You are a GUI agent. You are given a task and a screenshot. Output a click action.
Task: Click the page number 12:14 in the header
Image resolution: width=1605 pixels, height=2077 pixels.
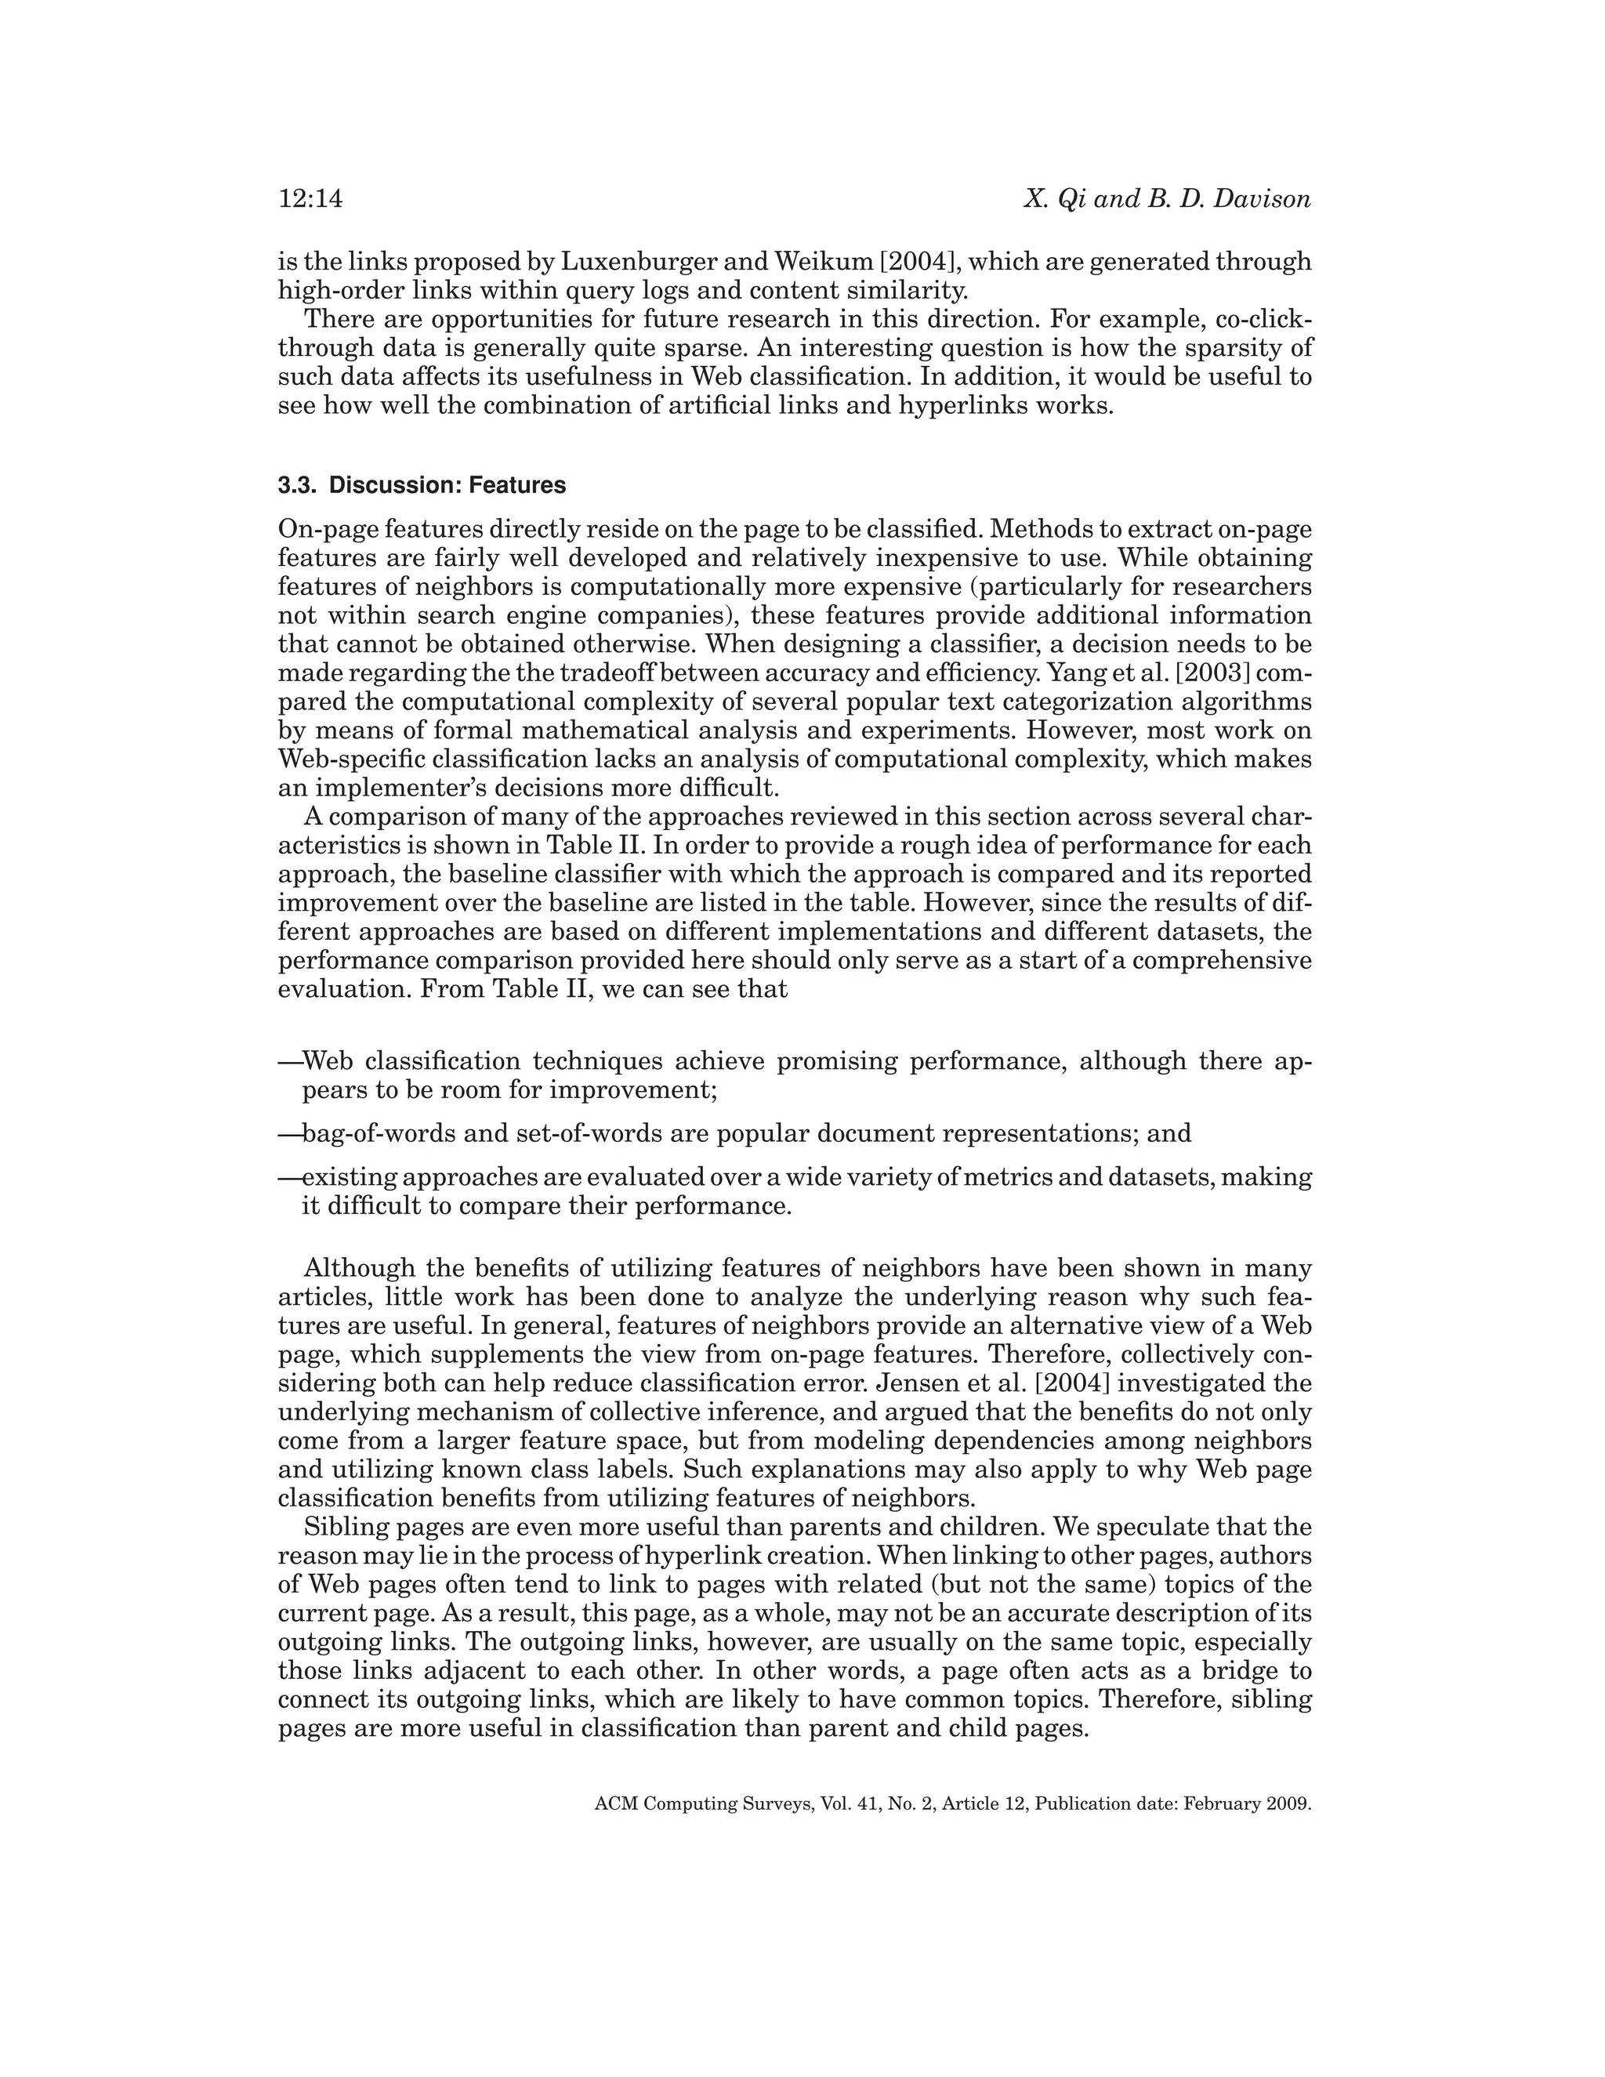pos(310,200)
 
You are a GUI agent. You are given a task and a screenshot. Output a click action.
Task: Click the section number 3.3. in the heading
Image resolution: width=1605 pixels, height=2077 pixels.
pos(299,486)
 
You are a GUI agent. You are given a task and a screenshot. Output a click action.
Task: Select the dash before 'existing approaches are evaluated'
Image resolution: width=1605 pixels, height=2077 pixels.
pos(289,1178)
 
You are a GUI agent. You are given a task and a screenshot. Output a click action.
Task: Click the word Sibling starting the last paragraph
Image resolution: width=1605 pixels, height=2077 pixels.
pos(342,1528)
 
